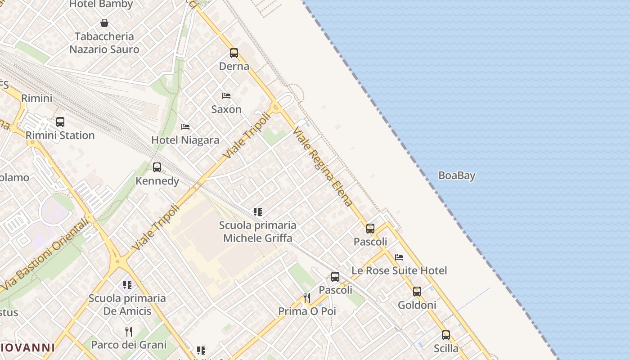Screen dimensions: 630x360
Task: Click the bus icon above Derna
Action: [234, 53]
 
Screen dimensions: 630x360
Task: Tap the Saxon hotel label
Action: [226, 109]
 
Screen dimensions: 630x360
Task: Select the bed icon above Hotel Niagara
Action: [185, 127]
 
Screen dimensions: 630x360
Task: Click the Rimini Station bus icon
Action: [60, 122]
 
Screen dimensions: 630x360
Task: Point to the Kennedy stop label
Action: [157, 181]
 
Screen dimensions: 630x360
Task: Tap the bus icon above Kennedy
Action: [157, 167]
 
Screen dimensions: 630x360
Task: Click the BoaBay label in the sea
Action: [457, 175]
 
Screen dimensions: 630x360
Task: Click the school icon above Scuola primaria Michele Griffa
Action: [258, 212]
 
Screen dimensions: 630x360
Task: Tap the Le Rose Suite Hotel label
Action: [399, 270]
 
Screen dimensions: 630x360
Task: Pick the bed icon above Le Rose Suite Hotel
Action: [399, 257]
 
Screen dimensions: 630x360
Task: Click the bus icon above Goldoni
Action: [417, 292]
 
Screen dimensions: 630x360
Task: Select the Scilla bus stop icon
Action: [446, 335]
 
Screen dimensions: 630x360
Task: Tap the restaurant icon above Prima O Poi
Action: [307, 298]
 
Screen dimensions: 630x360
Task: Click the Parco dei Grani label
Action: [129, 345]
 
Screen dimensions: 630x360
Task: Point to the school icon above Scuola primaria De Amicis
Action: [128, 285]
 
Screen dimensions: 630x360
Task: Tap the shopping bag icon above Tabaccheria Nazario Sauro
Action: [104, 23]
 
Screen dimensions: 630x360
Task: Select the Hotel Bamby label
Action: [101, 4]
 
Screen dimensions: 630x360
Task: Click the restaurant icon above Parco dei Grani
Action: [129, 332]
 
